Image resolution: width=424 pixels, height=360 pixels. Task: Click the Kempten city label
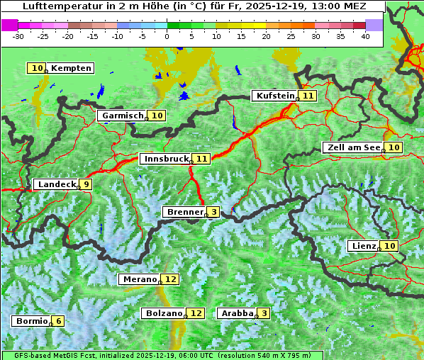(x=71, y=68)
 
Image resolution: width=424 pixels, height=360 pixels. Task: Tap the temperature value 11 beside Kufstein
(x=308, y=96)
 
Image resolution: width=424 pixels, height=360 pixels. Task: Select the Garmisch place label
(x=122, y=116)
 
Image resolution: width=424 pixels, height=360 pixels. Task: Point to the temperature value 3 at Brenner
(x=213, y=212)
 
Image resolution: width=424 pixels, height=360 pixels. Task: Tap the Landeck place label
(x=57, y=184)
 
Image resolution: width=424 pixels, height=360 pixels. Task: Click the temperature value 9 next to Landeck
(x=86, y=184)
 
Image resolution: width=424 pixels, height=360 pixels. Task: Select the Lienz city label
(x=364, y=246)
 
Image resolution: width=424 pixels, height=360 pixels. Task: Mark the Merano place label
(x=139, y=279)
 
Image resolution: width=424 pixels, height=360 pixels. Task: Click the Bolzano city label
(x=164, y=313)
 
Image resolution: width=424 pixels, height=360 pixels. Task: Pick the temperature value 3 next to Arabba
(x=264, y=313)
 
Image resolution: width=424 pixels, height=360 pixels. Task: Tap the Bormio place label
(x=31, y=321)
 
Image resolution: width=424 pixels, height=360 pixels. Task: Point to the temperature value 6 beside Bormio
(x=59, y=321)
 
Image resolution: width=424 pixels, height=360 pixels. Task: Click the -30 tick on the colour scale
(x=19, y=35)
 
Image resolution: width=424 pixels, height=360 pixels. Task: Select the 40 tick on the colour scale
(x=365, y=35)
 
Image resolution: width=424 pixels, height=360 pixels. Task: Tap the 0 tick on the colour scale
(x=167, y=35)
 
